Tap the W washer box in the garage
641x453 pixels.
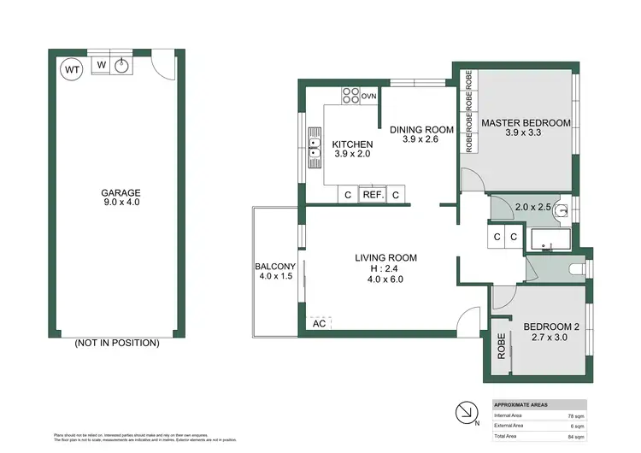click(101, 64)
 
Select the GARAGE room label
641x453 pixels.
click(121, 192)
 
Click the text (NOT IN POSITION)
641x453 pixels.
click(116, 343)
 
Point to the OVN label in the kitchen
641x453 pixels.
click(369, 97)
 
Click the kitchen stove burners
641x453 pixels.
click(350, 96)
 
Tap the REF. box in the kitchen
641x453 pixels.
click(372, 195)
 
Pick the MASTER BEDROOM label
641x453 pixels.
click(525, 123)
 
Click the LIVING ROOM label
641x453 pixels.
click(386, 257)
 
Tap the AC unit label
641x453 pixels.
click(319, 324)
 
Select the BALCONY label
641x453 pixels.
click(274, 267)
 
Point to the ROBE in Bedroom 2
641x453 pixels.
click(502, 351)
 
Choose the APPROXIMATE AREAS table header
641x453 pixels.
click(522, 404)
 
